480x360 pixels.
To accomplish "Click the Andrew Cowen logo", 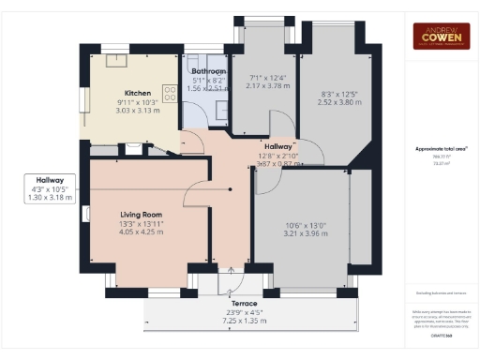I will coord(441,36).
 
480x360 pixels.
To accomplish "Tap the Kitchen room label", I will coord(138,94).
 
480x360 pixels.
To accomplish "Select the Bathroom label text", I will coord(208,71).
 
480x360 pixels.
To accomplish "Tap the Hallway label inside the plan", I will coord(278,147).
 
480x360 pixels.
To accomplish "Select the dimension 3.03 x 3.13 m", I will coord(138,111).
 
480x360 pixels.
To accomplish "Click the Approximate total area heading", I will coord(441,149).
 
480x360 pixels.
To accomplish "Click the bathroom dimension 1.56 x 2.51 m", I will coord(208,89).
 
